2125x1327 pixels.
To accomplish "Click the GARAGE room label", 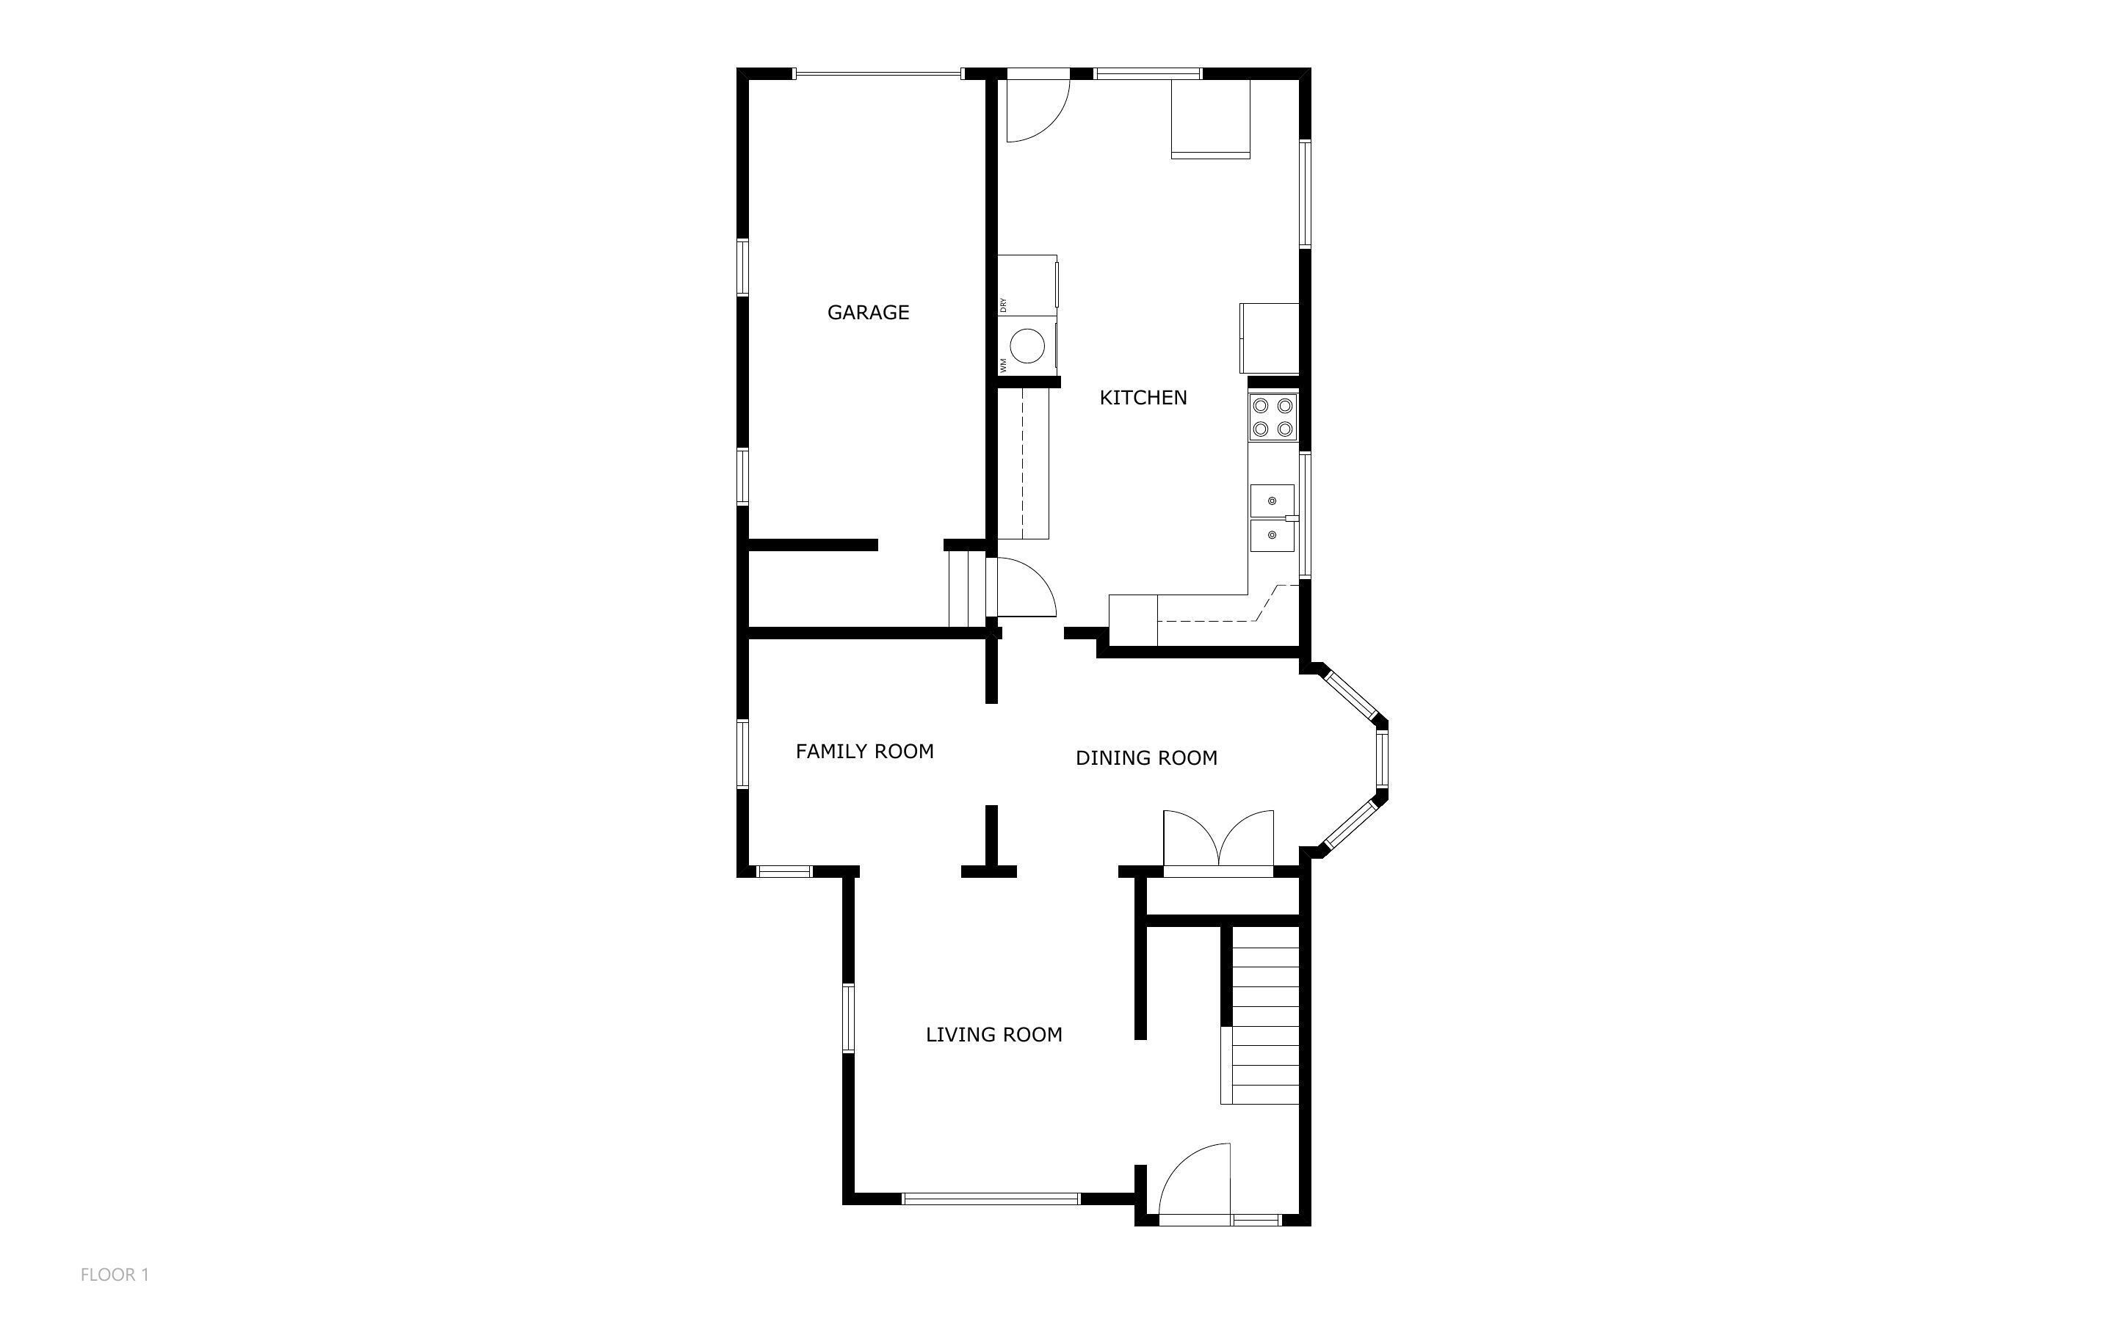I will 867,313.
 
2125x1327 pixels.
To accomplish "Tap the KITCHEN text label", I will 1143,398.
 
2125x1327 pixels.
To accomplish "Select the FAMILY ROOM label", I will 864,752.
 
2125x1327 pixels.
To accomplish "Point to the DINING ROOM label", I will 1145,758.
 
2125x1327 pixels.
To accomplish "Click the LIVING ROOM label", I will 993,1035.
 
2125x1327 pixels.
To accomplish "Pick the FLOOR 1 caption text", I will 114,1274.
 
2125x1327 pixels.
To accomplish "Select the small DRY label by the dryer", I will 1003,305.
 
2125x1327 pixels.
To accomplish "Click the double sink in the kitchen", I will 1272,518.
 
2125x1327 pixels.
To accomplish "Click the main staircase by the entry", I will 1264,1014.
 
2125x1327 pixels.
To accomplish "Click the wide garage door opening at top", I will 877,73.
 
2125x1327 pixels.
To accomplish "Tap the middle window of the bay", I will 1382,759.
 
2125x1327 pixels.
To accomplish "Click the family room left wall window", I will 742,754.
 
